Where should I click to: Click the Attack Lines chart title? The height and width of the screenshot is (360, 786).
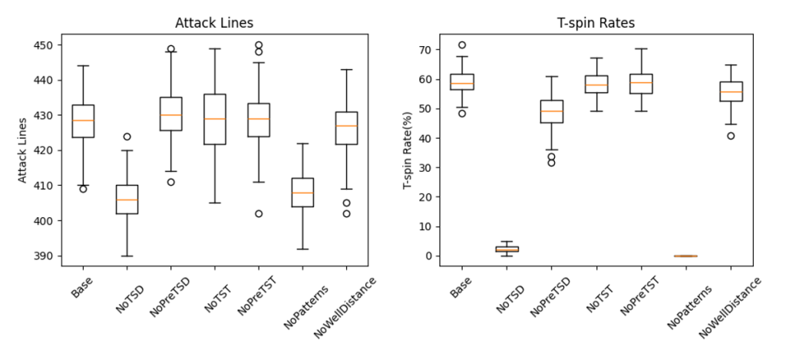coord(214,24)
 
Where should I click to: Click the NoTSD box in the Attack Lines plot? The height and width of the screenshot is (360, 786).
coord(127,200)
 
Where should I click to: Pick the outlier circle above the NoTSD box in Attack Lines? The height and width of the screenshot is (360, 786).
coord(127,137)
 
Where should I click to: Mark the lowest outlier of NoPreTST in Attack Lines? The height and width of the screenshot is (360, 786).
coord(259,213)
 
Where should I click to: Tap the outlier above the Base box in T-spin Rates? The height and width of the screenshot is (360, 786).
coord(462,45)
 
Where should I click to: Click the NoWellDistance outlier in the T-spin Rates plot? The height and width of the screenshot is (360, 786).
coord(731,136)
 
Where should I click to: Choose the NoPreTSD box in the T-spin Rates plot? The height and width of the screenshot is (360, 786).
coord(552,111)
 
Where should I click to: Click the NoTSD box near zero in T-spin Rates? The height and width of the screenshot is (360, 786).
coord(507,249)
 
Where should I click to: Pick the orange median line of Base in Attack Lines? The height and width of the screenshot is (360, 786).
coord(83,121)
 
